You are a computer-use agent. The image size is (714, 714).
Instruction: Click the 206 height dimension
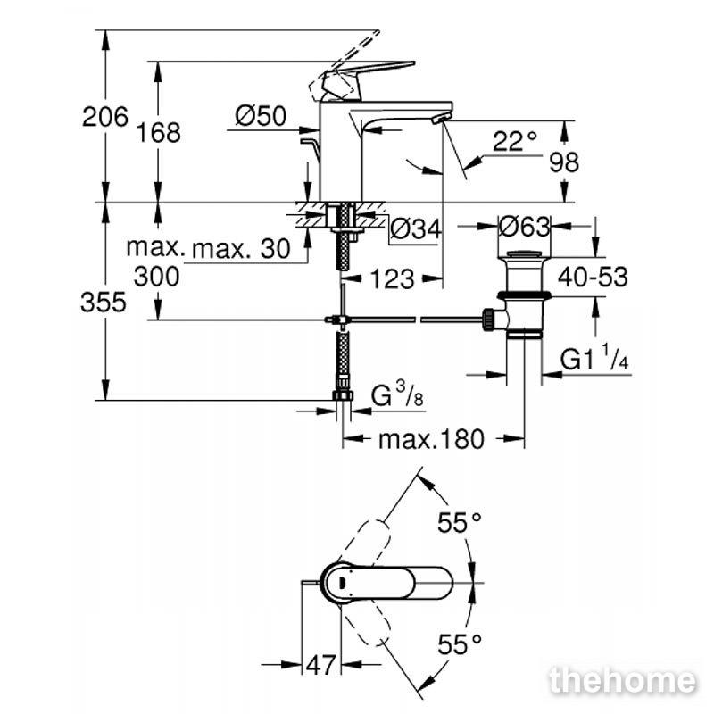105,117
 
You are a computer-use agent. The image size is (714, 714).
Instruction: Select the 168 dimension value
159,132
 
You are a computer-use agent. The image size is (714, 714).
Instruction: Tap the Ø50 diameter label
261,116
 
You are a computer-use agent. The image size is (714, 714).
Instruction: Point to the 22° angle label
515,141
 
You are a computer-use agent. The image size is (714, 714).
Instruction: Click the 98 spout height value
564,162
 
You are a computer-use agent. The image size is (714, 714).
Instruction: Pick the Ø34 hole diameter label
416,228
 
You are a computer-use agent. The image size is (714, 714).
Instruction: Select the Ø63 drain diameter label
525,227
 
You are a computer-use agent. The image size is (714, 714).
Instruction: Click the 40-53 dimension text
593,277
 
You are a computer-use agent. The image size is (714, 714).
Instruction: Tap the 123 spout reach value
393,278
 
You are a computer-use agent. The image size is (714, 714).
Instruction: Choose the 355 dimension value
104,302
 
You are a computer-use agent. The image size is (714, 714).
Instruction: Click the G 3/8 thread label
397,394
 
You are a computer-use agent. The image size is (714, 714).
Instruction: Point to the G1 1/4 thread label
594,357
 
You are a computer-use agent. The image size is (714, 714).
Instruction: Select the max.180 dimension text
431,439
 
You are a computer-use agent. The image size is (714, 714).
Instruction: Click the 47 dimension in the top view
321,665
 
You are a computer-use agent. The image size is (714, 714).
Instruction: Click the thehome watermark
622,681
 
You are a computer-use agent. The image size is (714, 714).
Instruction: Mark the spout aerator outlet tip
440,119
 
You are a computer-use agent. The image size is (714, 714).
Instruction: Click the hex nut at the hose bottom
343,394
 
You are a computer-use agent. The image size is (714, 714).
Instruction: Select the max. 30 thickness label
241,249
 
